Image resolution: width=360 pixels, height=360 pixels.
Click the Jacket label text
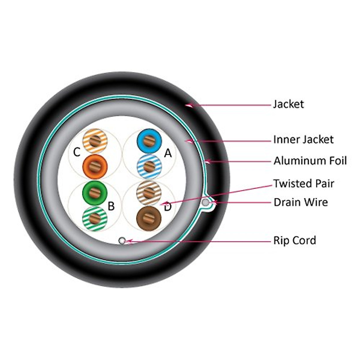(288, 104)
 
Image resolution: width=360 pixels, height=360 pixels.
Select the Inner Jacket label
(303, 139)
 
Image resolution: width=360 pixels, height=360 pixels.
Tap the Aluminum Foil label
(310, 161)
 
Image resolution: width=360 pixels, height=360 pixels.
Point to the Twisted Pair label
(304, 183)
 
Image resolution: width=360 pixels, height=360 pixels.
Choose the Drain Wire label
(301, 202)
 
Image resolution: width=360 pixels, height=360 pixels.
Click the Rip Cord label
(295, 240)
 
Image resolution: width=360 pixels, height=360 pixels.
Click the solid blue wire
(149, 140)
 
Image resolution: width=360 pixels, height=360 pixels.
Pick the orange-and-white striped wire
(95, 140)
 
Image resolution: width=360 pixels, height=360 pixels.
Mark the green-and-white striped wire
(95, 218)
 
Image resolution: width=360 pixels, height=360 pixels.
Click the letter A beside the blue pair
(168, 153)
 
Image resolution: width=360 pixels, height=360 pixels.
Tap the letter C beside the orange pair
(77, 152)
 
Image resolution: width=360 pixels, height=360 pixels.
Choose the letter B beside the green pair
(111, 206)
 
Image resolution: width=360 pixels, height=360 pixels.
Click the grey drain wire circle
(205, 202)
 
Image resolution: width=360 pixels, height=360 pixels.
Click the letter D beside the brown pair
(167, 207)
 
